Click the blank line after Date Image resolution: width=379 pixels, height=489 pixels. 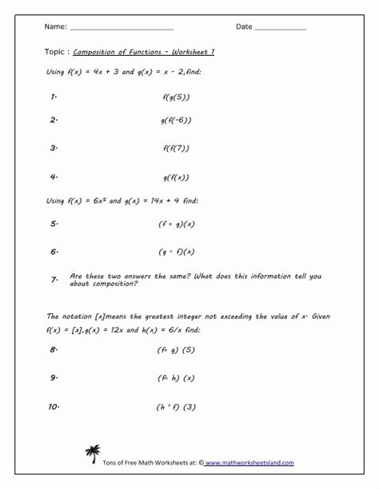point(280,29)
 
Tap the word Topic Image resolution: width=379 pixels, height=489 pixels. point(57,53)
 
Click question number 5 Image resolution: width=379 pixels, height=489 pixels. point(54,224)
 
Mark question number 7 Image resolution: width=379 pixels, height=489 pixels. point(54,280)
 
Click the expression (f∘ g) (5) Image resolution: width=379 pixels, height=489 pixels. point(177,349)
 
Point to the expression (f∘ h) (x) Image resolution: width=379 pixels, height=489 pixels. point(177,378)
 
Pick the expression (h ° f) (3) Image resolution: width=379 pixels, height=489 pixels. point(177,407)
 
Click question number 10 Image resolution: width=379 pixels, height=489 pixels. point(54,407)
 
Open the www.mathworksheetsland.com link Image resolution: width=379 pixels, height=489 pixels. point(249,463)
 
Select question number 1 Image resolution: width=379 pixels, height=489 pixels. point(53,97)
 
